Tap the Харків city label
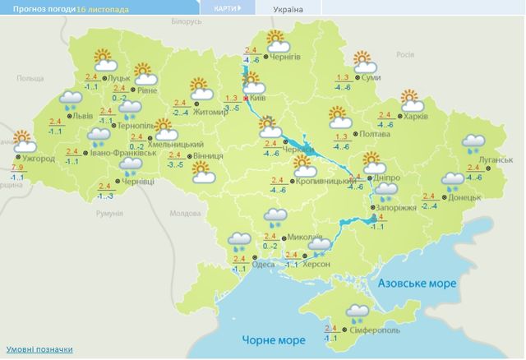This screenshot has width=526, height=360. (x=417, y=117)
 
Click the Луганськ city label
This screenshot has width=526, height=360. (x=500, y=159)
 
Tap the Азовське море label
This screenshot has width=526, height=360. (x=418, y=283)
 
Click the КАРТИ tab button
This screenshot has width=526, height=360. (x=227, y=9)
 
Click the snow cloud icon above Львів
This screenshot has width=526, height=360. (x=70, y=101)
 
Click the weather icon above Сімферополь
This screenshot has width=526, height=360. (x=358, y=312)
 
